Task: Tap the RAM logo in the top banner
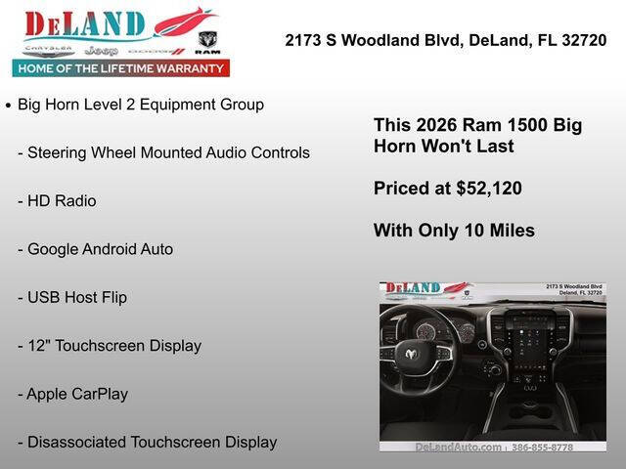click(x=207, y=42)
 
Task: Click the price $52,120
click(x=489, y=189)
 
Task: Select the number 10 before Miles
click(x=459, y=231)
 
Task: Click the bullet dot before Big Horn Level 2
click(x=9, y=105)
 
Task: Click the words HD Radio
click(x=62, y=200)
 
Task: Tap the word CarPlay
click(x=101, y=394)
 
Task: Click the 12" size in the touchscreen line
click(x=36, y=345)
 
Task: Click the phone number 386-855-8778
click(x=543, y=447)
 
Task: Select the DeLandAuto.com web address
click(x=458, y=447)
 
